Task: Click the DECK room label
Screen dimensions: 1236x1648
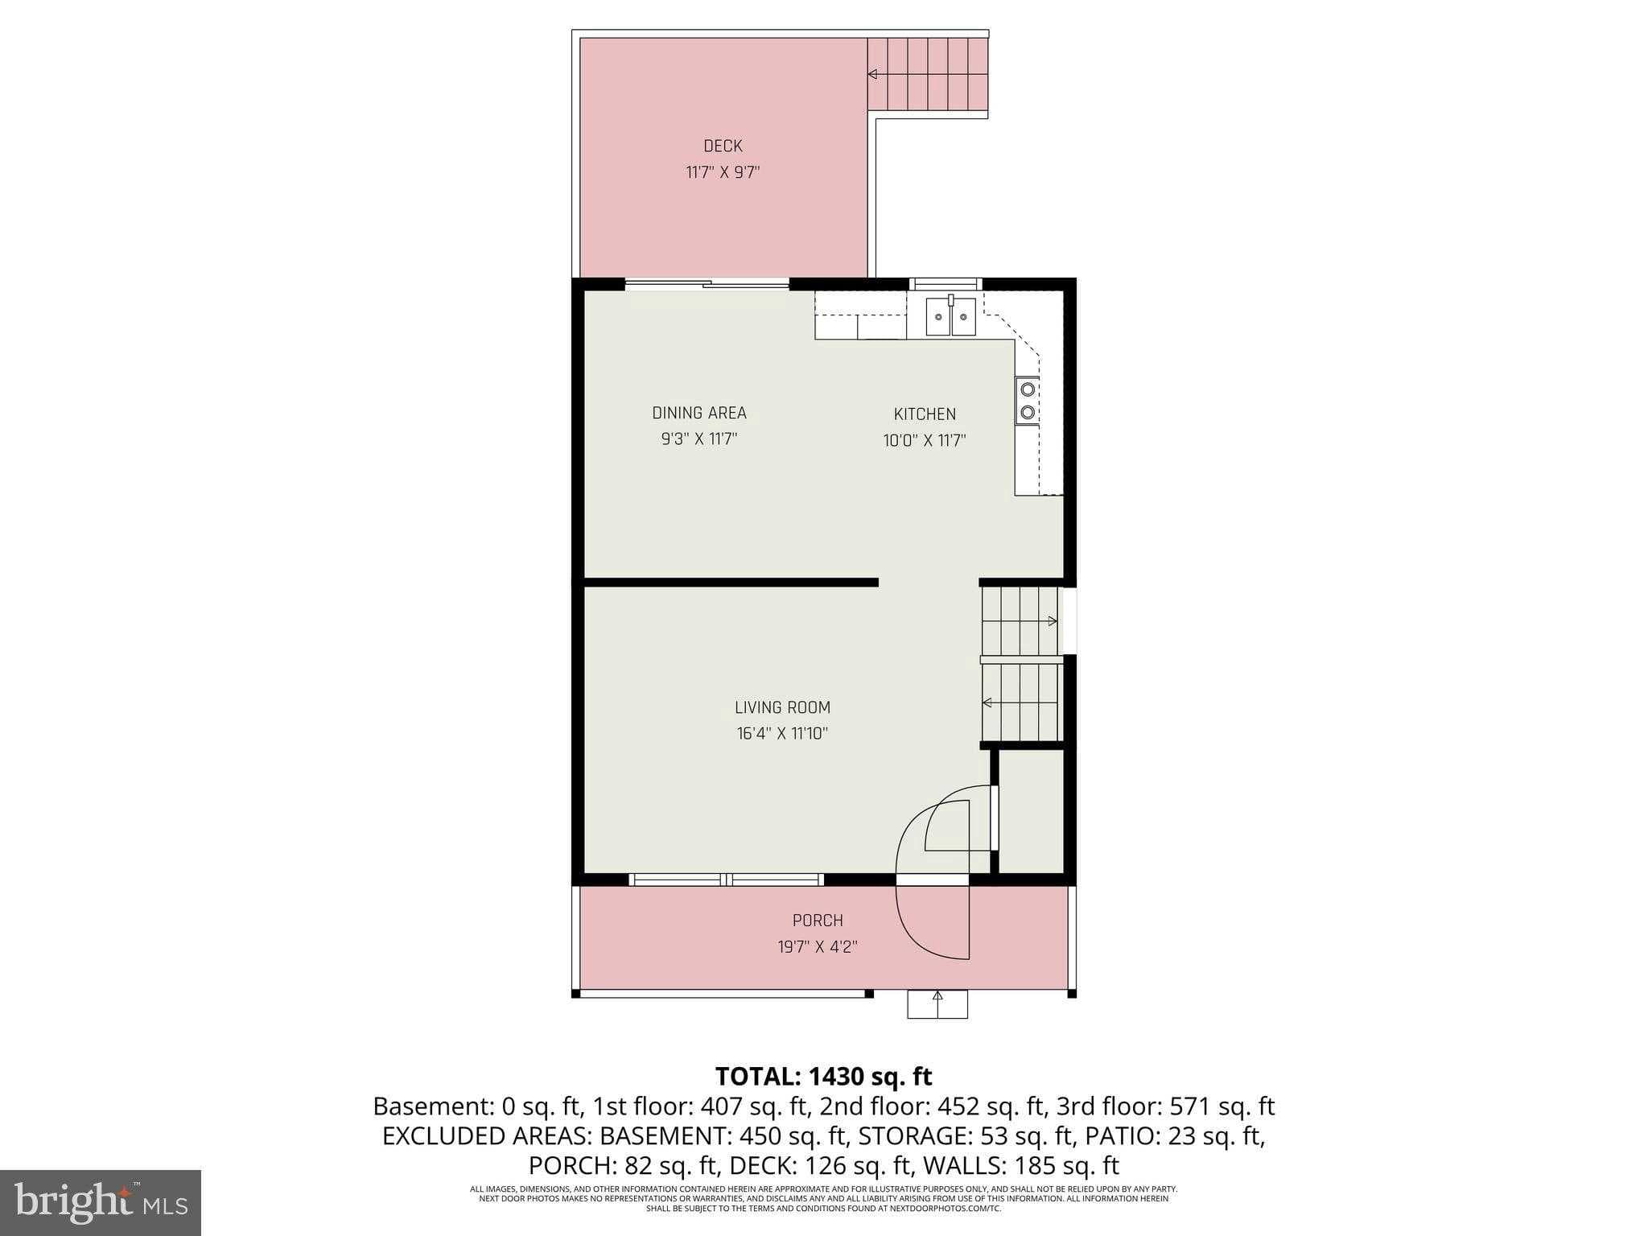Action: (x=723, y=146)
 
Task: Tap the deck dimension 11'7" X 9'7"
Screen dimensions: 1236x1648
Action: (x=723, y=172)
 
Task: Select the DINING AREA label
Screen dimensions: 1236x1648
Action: (x=699, y=413)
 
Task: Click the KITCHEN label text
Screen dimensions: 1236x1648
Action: (x=925, y=414)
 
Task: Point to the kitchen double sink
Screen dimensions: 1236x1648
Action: (x=950, y=316)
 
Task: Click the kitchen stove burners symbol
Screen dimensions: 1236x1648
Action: (x=1027, y=401)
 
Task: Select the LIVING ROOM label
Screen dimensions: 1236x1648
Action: (x=782, y=707)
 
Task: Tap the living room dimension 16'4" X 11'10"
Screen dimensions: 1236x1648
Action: (x=782, y=734)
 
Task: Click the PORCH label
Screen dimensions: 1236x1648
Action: (x=818, y=921)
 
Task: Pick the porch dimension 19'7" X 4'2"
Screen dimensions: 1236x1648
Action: (x=818, y=947)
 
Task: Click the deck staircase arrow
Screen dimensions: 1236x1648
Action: (x=872, y=74)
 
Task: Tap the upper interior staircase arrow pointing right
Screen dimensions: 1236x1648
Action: (x=1052, y=620)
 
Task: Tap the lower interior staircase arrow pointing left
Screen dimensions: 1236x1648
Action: (x=987, y=702)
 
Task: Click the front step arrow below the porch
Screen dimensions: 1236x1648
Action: (x=937, y=997)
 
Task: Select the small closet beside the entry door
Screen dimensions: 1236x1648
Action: (x=1031, y=811)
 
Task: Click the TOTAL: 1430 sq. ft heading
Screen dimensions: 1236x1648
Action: (x=823, y=1077)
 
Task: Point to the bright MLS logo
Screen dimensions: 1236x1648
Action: (x=101, y=1202)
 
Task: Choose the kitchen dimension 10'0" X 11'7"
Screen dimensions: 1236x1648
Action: (x=925, y=441)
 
